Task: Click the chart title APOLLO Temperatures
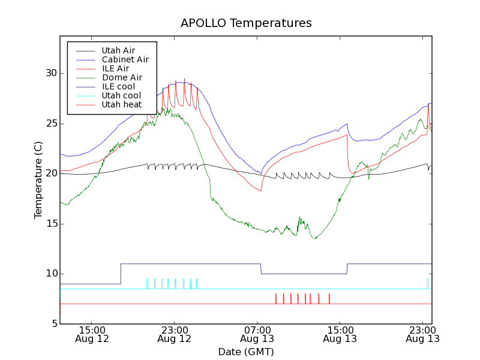[x=246, y=23]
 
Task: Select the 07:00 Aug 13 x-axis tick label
[x=257, y=334]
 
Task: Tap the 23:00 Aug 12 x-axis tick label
[x=174, y=334]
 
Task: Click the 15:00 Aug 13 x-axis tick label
[x=340, y=334]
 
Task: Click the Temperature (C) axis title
[x=38, y=180]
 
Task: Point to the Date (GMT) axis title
[x=246, y=352]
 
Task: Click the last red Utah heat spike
[x=329, y=298]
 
